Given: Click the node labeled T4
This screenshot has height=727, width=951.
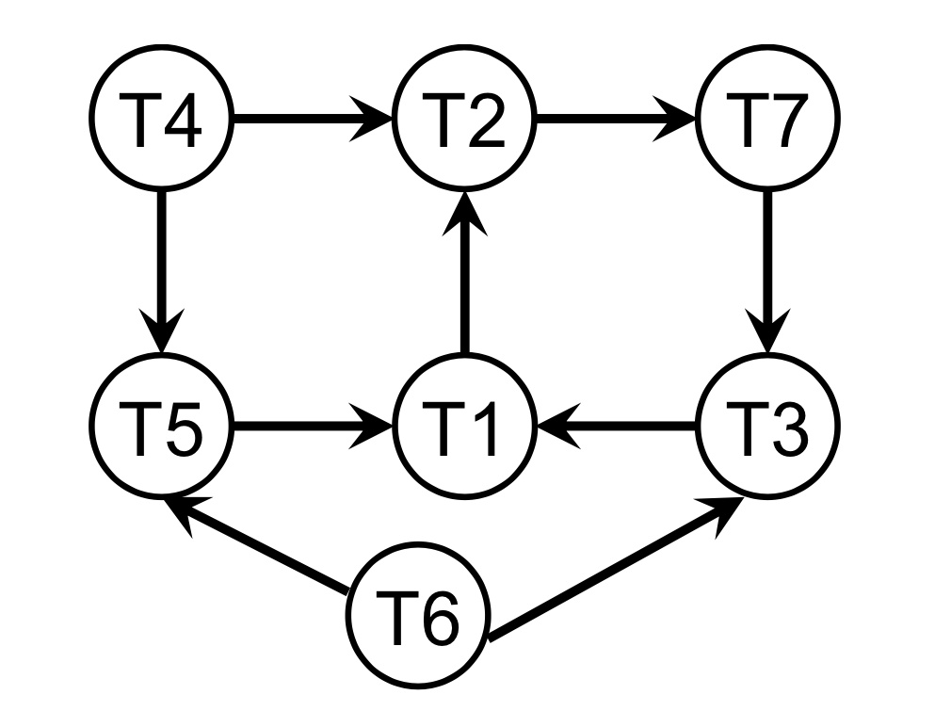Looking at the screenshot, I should click(162, 120).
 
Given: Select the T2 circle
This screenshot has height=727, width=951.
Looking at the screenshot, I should click(463, 120).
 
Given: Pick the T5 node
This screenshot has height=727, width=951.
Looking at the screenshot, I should click(162, 427).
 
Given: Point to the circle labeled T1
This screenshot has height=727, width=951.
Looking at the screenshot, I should click(463, 427).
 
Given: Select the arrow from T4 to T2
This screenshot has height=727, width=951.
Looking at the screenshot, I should click(311, 120).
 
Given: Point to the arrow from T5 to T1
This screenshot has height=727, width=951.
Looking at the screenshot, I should click(311, 427).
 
